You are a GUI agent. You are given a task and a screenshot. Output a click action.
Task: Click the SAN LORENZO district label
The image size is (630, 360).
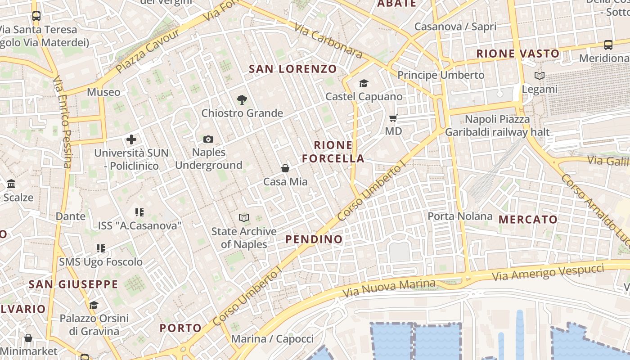click(292, 69)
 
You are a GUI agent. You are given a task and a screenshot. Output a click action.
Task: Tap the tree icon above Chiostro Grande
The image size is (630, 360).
click(242, 100)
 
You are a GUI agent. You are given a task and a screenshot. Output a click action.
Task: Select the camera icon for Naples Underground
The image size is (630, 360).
click(208, 139)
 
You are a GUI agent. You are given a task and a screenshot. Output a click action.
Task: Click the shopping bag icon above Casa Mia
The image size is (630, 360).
click(285, 168)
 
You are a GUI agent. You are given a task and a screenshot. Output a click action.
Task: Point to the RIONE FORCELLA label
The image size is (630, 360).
click(333, 152)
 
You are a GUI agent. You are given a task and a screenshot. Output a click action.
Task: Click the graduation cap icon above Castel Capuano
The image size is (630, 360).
click(364, 83)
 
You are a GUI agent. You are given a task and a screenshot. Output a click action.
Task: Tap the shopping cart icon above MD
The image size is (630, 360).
click(393, 118)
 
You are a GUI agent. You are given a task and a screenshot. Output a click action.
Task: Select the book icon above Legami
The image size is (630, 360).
click(539, 76)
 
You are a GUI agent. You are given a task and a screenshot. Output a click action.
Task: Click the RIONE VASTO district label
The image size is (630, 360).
click(517, 54)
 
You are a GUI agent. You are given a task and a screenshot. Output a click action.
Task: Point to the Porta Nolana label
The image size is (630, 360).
click(460, 216)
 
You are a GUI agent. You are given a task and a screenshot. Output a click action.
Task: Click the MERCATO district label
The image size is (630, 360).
click(528, 220)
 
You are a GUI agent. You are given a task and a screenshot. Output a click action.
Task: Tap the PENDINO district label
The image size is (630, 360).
click(314, 239)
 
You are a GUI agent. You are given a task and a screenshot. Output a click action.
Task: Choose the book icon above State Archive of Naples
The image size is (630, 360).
click(244, 218)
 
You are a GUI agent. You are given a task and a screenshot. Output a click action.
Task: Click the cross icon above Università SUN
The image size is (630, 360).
click(131, 139)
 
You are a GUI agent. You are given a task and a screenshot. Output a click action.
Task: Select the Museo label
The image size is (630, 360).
click(103, 92)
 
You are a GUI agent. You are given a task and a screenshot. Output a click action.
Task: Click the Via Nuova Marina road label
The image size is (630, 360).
click(389, 288)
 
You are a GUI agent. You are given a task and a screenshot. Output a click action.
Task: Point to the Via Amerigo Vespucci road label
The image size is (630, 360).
click(548, 272)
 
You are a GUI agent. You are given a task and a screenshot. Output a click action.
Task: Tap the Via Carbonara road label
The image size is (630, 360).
click(328, 41)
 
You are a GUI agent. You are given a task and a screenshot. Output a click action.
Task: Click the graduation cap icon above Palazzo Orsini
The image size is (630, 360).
click(94, 306)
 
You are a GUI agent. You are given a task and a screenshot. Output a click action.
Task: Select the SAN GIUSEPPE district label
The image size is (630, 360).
click(73, 284)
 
